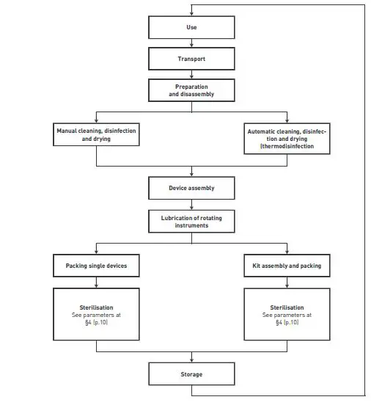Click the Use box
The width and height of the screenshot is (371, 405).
coord(191,28)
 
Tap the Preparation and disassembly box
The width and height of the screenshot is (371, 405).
coord(191,90)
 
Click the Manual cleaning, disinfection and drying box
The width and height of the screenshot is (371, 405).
coord(96,134)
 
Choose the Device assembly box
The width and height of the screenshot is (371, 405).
coord(191,188)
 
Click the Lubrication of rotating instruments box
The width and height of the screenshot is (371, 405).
coord(191,221)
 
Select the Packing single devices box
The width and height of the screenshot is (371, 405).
coord(96,265)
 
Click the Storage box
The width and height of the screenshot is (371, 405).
coord(191,374)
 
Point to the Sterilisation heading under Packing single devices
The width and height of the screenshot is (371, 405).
coord(96,308)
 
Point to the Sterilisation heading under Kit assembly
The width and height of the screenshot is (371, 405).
coord(286,308)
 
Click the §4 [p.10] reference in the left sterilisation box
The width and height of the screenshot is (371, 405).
coord(96,323)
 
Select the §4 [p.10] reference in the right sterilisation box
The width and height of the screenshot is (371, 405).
coord(286,323)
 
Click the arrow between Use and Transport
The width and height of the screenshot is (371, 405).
coord(191,44)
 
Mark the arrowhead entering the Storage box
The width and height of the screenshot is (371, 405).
coord(191,360)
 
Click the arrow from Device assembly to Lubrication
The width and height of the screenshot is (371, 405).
coord(191,205)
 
